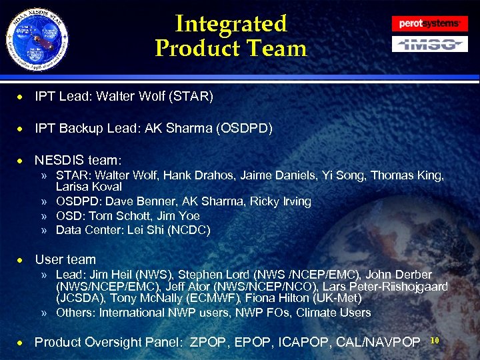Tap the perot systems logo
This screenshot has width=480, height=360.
click(429, 23)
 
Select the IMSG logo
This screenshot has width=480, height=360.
click(429, 44)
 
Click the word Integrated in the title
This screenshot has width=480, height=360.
click(231, 24)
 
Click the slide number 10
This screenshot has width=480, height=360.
click(435, 341)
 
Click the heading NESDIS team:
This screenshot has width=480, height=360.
click(78, 160)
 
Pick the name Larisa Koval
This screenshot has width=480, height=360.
click(89, 187)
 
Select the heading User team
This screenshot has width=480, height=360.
click(65, 259)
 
